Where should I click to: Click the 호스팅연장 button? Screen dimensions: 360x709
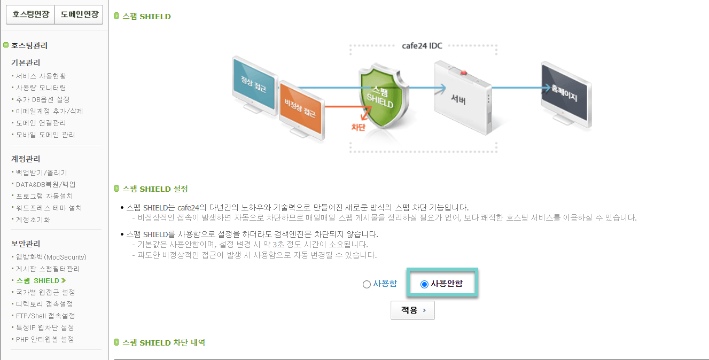30,14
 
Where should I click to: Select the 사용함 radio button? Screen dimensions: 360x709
367,284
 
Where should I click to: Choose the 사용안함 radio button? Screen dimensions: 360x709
424,284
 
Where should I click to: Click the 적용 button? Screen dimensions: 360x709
412,310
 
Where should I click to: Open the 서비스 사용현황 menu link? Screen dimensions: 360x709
41,76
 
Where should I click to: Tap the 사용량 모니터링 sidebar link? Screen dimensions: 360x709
41,88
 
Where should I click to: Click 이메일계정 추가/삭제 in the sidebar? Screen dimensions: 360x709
49,111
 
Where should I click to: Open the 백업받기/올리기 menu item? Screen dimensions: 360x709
42,173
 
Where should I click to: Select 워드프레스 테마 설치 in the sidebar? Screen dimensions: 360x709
49,208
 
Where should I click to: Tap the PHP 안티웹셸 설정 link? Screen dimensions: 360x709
45,339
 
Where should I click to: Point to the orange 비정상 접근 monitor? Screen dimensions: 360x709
301,109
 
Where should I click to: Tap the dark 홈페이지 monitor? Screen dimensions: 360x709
565,94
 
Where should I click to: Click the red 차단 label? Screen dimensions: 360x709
358,127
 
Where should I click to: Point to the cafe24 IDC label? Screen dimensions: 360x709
422,45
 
